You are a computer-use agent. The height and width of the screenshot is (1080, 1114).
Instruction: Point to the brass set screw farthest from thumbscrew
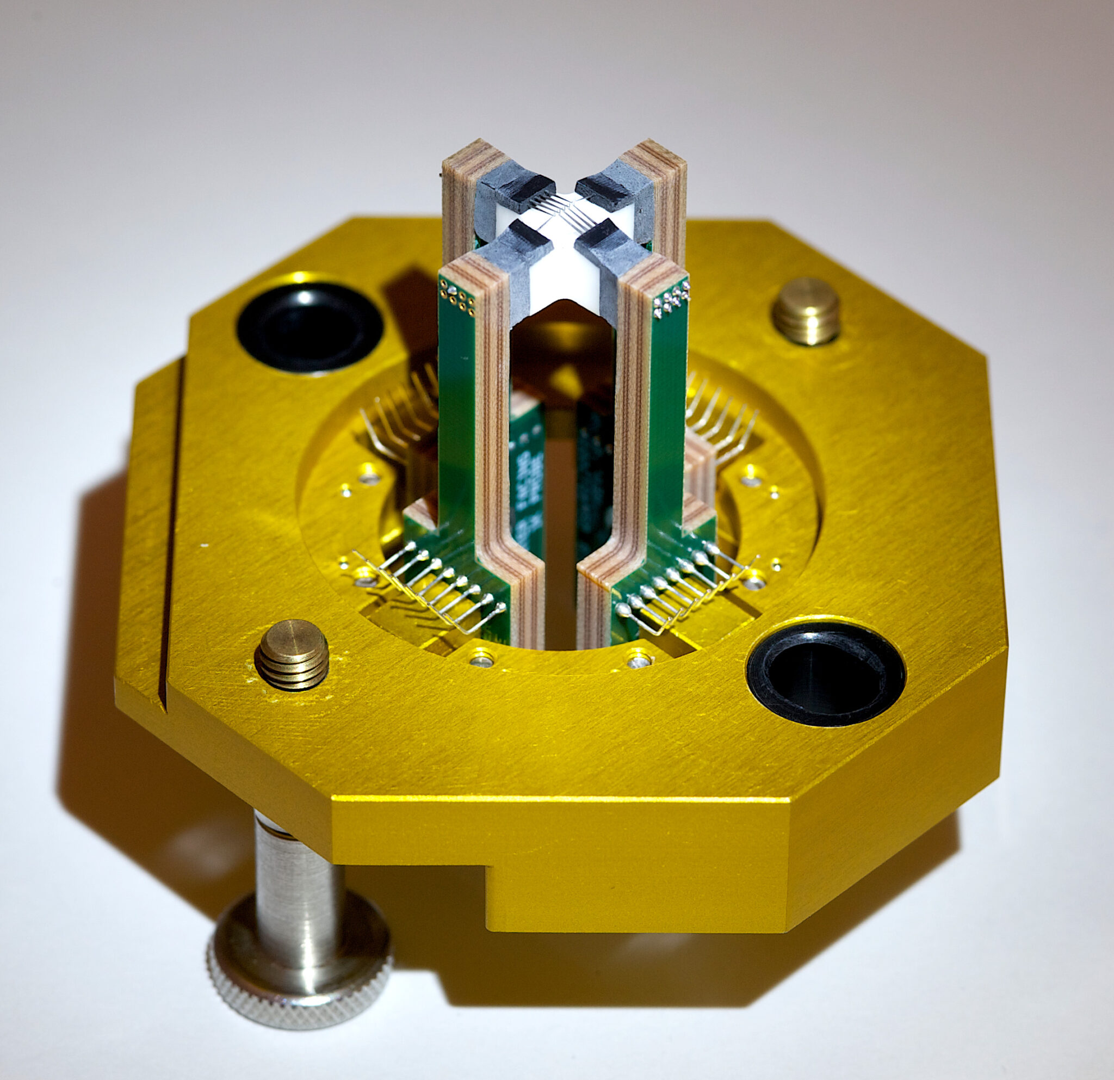click(x=807, y=310)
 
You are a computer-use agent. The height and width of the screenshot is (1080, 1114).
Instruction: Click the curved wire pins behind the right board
click(x=722, y=415)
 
